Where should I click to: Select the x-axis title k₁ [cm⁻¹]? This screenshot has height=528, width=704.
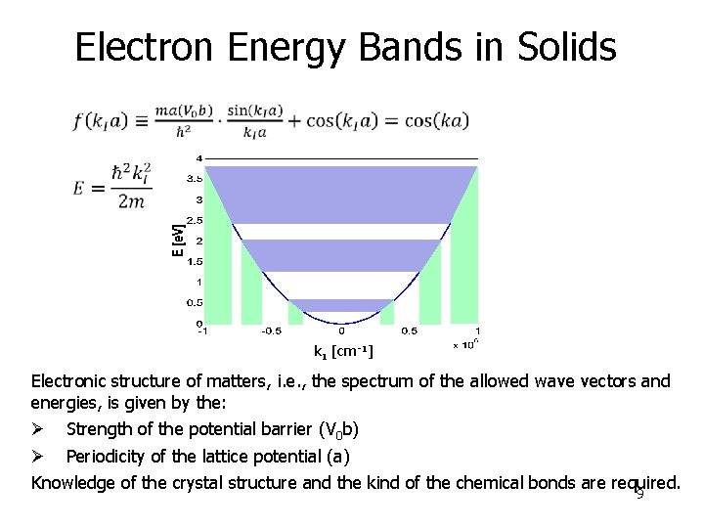pos(342,350)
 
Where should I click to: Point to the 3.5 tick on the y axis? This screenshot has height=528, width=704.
pos(195,179)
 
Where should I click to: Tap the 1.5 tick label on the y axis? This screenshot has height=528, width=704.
pos(195,261)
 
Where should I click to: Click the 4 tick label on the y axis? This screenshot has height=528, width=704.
pos(199,157)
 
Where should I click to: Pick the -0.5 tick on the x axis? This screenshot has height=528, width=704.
pos(271,331)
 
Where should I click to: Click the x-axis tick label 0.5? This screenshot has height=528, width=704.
pos(409,331)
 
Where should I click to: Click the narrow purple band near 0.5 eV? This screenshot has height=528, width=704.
pos(341,305)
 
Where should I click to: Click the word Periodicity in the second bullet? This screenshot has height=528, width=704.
pos(108,457)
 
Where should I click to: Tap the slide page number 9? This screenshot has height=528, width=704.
pos(639,495)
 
